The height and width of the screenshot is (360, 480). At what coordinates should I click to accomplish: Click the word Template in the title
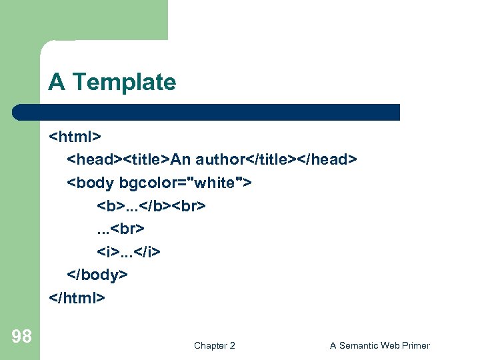coord(124,82)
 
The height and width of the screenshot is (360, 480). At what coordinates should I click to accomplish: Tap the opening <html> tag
coord(75,137)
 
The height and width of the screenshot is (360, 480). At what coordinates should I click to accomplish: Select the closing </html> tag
coord(77,297)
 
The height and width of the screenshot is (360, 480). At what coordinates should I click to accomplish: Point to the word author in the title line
coord(221,160)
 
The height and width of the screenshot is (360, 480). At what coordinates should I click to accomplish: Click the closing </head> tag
coord(327,160)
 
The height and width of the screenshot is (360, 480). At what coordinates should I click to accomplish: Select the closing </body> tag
coord(97,274)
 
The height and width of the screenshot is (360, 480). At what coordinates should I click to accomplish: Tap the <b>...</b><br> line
coord(151,205)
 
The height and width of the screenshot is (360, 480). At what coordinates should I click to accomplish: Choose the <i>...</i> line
coord(129,251)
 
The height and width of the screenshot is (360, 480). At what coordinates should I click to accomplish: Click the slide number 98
coord(21,337)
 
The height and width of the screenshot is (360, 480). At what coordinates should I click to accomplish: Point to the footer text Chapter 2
coord(214,345)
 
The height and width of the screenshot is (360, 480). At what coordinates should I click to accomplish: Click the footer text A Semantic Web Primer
coord(379,345)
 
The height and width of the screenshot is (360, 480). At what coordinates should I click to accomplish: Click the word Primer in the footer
coord(415,345)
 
